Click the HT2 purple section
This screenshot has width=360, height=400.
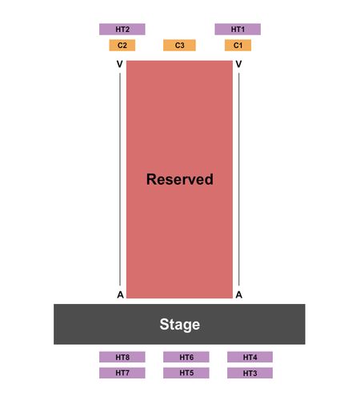[x=122, y=29]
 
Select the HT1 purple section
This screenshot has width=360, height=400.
[x=238, y=29]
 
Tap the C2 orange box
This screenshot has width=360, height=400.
[x=122, y=45]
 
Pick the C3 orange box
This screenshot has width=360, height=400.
[x=179, y=45]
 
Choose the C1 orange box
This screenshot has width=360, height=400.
[x=238, y=45]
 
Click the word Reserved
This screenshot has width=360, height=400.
[x=180, y=179]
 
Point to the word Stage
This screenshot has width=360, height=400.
[x=180, y=325]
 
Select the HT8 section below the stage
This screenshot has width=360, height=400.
[x=122, y=357]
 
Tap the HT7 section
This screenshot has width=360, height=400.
[x=122, y=373]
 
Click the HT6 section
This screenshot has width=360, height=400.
[x=186, y=357]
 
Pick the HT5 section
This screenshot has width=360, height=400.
[x=186, y=373]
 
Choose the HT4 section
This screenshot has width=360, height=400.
[x=250, y=357]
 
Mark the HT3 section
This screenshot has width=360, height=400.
[x=250, y=373]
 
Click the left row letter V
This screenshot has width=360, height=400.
[x=120, y=64]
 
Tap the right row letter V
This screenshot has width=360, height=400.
[x=239, y=64]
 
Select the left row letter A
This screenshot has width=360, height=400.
[x=120, y=294]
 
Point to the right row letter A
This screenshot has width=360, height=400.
[x=239, y=294]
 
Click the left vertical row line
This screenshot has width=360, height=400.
[x=120, y=179]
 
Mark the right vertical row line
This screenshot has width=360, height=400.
[x=239, y=179]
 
